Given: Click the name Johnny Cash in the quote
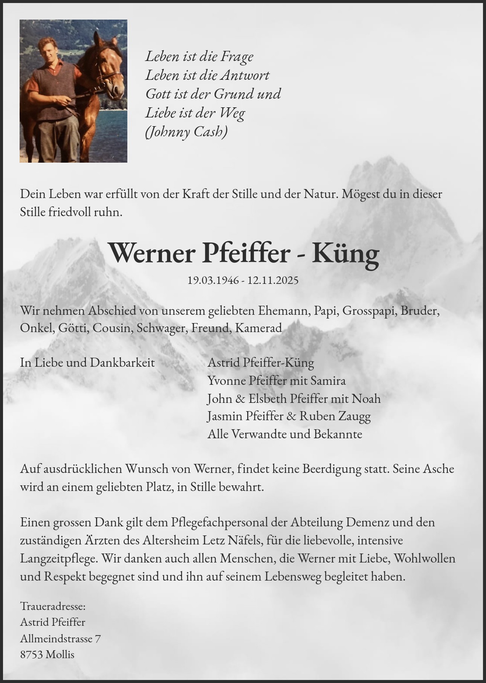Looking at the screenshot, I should [186, 132].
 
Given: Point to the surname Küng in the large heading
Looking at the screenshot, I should [345, 254].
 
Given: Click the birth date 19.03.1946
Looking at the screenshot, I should [213, 281].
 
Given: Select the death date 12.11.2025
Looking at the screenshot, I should [273, 281].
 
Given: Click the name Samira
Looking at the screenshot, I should [328, 381].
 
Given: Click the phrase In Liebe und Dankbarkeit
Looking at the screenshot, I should [87, 363].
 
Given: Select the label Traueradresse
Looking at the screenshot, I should [53, 607].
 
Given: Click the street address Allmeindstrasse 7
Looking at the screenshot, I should [60, 639].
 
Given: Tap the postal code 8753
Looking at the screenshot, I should [31, 655].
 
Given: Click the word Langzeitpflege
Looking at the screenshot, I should [57, 558].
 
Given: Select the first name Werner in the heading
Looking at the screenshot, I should [153, 254].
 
